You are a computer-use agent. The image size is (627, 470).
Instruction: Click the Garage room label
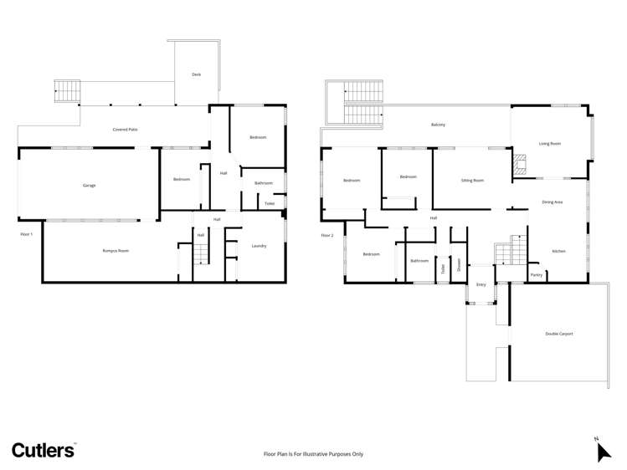click(x=89, y=185)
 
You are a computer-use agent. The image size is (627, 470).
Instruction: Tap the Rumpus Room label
click(x=116, y=251)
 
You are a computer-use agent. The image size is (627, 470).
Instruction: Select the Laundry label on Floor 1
click(x=259, y=246)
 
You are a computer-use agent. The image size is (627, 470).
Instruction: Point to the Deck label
click(x=196, y=74)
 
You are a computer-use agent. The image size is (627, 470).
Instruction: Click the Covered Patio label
click(x=126, y=130)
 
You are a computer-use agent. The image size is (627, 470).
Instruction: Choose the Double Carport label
click(x=559, y=334)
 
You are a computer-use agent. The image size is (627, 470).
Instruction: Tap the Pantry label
click(x=536, y=274)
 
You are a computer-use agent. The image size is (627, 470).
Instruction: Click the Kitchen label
click(x=559, y=251)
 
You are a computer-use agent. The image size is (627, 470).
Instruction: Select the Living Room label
click(x=550, y=144)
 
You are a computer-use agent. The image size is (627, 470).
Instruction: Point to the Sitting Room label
click(x=472, y=180)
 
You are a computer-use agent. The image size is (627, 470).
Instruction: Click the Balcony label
click(x=438, y=125)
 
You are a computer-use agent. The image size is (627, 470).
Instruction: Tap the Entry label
click(x=481, y=285)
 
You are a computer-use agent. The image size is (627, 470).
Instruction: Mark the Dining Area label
click(x=552, y=202)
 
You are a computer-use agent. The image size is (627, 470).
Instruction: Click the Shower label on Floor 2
click(x=459, y=265)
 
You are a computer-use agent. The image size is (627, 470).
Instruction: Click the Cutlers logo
click(x=44, y=450)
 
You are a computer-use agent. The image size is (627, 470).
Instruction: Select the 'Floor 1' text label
click(x=26, y=234)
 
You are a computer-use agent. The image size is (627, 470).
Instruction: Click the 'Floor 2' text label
click(x=326, y=235)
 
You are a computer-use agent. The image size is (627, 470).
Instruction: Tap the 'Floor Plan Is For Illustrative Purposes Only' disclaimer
click(x=313, y=454)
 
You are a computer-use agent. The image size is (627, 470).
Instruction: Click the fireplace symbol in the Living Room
click(x=521, y=162)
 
